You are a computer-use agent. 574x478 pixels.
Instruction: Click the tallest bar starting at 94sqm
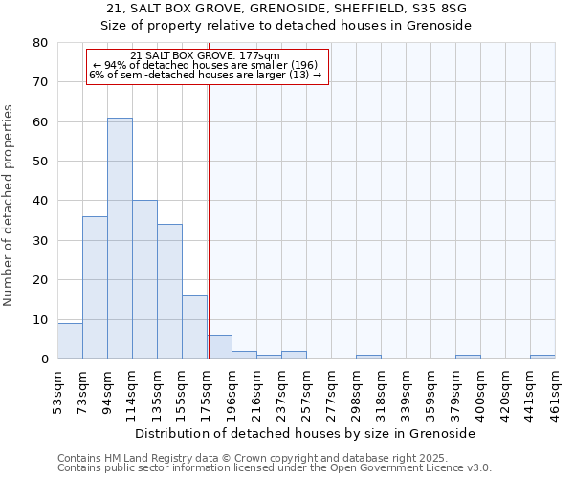[x=120, y=238]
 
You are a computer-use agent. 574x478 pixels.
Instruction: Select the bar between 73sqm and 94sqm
[x=95, y=287]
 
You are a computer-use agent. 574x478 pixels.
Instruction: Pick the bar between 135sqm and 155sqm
[x=169, y=291]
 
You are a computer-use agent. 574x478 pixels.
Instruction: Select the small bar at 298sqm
[x=368, y=357]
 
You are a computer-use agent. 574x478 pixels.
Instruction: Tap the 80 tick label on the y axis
[x=41, y=43]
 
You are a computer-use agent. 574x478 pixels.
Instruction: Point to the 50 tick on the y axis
[x=41, y=162]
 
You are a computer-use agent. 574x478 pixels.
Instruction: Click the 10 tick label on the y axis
[x=41, y=319]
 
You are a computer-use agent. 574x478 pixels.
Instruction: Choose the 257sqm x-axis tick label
[x=306, y=392]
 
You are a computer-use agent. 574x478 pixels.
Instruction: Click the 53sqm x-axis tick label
[x=57, y=392]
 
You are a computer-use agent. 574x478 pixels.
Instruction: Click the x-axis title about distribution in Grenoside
[x=306, y=433]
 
